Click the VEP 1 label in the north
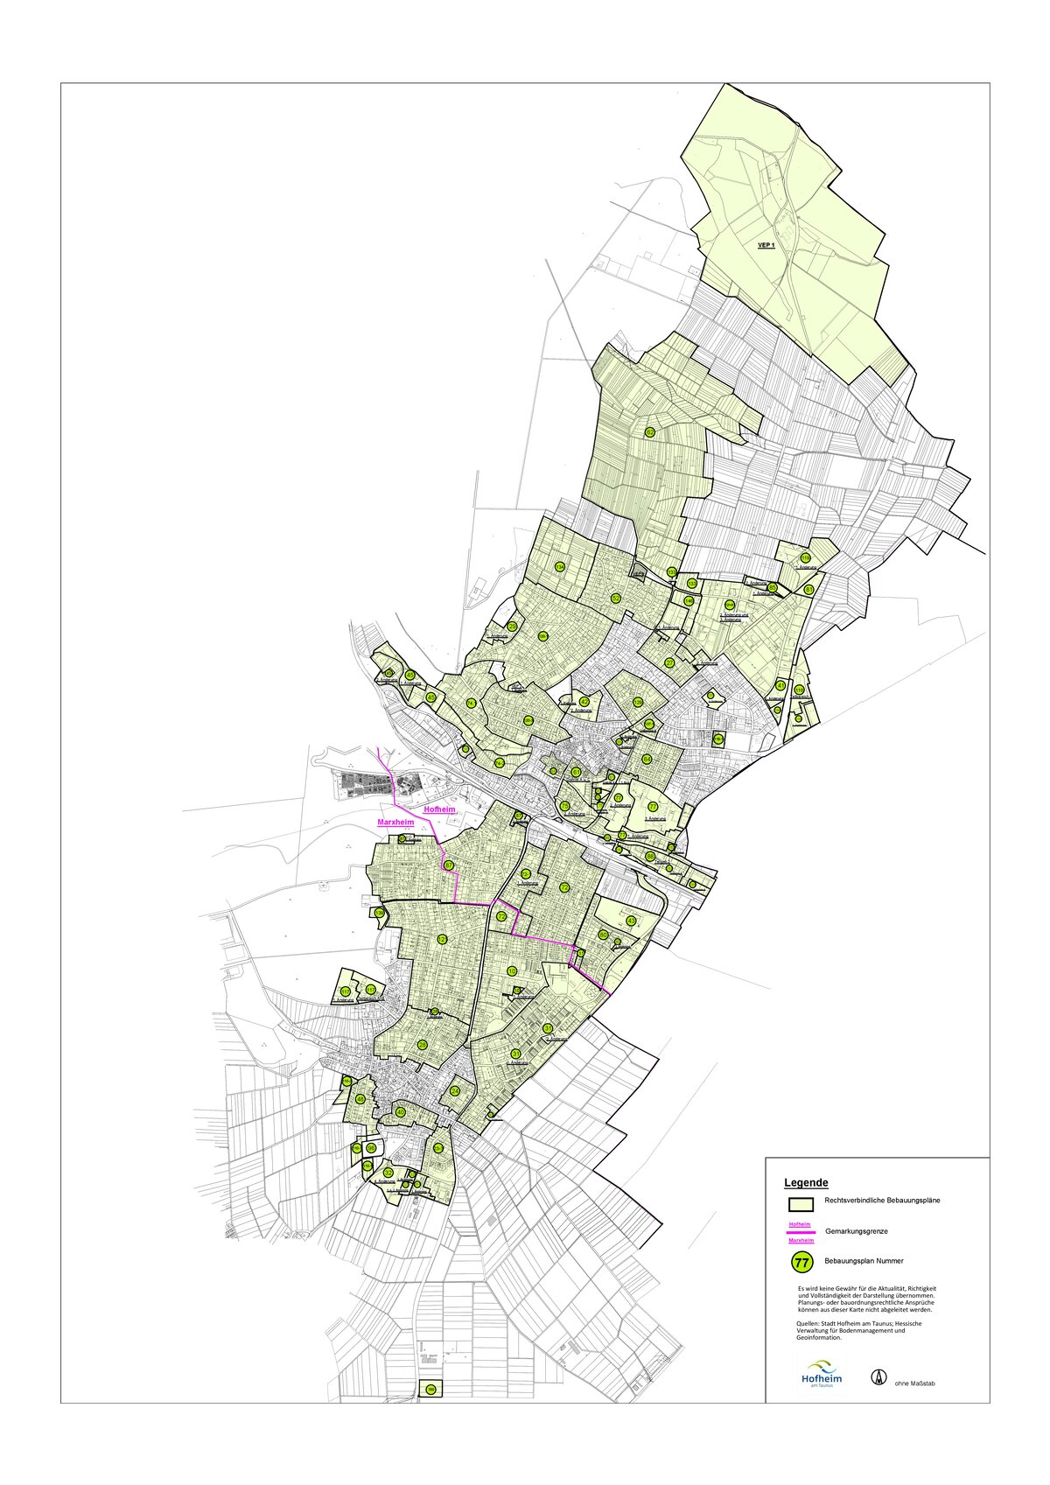click(x=766, y=246)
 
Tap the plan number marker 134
click(x=560, y=567)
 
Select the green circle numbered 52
click(x=616, y=599)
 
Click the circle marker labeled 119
click(x=805, y=557)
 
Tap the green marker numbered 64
click(x=647, y=759)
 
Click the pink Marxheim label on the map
click(x=394, y=823)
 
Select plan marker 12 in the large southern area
click(x=442, y=939)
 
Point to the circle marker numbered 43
click(x=631, y=921)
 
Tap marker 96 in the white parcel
click(x=371, y=1148)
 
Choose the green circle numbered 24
click(x=455, y=1091)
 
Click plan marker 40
click(x=401, y=1112)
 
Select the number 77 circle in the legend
click(x=801, y=1262)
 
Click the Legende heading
click(x=806, y=1182)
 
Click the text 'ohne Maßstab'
click(x=915, y=1383)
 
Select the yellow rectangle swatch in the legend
click(x=801, y=1204)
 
